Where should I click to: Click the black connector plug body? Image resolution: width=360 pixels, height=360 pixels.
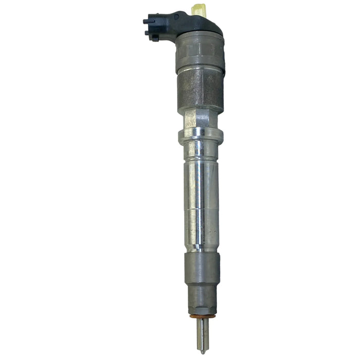click(157, 28)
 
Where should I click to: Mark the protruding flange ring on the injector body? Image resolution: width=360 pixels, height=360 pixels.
click(201, 136)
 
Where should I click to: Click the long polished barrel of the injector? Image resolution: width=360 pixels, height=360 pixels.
click(201, 195)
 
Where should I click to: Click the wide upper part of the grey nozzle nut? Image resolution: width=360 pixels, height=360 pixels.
click(201, 267)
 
